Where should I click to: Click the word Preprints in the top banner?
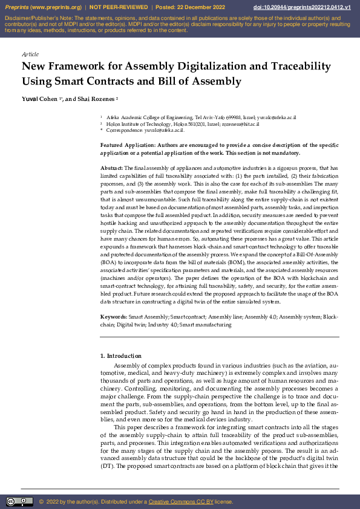pos(17,7)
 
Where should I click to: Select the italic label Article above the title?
pos(30,54)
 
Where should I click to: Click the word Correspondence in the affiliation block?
pos(126,130)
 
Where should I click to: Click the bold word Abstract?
pos(111,167)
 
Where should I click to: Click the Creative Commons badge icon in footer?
pos(19,501)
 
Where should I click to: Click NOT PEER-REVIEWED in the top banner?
pos(118,7)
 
